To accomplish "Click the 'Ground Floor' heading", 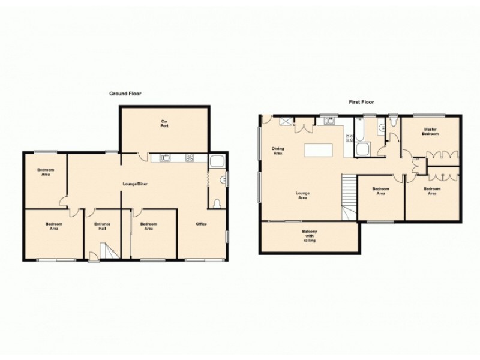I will (125, 94).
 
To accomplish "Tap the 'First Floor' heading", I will (362, 102).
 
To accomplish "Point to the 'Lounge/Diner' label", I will (136, 183).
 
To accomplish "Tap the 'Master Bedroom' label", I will (430, 131).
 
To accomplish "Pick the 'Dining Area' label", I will (277, 151).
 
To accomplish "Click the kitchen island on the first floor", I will (320, 150).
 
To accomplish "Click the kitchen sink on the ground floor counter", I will (166, 158).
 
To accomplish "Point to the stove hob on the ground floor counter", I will (189, 158).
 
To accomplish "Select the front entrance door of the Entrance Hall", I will (94, 257).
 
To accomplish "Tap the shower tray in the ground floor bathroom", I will (217, 161).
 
